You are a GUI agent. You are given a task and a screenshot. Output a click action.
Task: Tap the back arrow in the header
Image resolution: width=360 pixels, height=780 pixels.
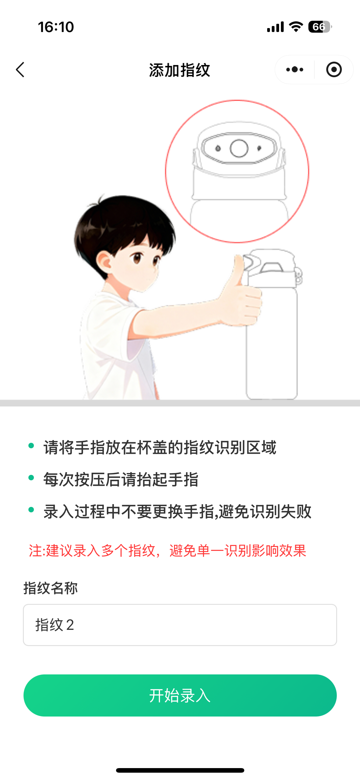20,70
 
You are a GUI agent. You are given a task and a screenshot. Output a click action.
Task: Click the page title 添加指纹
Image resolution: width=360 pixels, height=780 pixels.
180,70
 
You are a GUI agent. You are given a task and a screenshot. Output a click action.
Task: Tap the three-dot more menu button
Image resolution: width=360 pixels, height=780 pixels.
295,70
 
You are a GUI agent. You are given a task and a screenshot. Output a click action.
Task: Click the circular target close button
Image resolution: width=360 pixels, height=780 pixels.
334,70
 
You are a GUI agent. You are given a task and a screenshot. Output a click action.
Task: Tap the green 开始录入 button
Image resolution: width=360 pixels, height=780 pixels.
180,695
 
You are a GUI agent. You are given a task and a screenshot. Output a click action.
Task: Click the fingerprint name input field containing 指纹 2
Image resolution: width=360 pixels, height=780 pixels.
180,625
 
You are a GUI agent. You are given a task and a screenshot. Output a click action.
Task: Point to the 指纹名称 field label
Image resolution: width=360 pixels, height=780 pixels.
51,588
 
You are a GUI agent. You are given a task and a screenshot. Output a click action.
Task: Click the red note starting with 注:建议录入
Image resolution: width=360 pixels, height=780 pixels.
167,551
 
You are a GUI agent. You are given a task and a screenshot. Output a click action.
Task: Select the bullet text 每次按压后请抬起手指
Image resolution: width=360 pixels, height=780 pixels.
121,479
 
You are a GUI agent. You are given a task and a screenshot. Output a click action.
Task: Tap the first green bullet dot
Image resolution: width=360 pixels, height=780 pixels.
31,446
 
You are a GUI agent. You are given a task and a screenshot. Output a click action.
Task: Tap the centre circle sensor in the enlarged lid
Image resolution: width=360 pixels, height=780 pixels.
239,148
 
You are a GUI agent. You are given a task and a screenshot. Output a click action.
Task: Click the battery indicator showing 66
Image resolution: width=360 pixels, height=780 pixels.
319,27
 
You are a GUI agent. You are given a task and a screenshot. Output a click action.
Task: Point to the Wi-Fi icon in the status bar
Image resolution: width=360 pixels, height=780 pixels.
296,27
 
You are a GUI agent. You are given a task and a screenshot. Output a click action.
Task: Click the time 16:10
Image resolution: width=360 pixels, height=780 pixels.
56,27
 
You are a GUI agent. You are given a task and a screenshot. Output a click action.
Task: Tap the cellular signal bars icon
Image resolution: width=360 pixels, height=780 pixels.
275,27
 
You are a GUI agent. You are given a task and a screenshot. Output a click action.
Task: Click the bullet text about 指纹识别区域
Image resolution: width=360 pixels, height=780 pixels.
160,447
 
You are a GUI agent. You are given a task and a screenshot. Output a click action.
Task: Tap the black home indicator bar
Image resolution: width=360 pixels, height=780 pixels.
180,770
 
